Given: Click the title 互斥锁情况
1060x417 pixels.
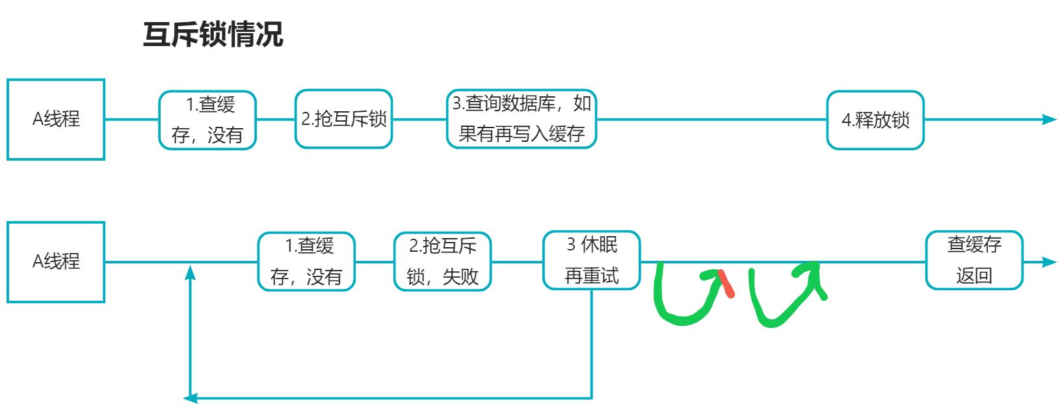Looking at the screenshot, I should (x=213, y=34).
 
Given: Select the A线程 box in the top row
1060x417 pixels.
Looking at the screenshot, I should (x=56, y=119).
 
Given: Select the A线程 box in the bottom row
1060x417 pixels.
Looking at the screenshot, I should (x=56, y=262).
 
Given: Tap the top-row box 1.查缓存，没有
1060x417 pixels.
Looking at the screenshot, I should (x=207, y=120).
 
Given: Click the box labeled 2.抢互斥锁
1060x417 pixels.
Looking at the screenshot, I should (x=343, y=119).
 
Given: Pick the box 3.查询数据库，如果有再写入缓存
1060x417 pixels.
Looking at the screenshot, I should (x=522, y=119).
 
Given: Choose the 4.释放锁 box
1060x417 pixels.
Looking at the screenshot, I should (x=875, y=120).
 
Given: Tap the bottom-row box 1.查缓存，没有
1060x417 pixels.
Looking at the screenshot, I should (x=306, y=262).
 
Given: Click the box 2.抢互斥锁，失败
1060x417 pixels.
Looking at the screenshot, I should (x=442, y=262).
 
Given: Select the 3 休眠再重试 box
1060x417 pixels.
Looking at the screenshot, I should (x=592, y=260).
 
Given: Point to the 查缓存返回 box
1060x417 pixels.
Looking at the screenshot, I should (x=974, y=260).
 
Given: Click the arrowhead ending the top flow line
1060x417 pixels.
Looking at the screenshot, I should (x=1048, y=119).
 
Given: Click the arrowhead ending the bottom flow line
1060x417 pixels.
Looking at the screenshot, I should (x=1048, y=262).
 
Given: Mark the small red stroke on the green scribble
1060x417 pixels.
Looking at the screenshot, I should (x=727, y=284).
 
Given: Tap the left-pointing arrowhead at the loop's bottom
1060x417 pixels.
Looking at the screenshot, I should (x=191, y=397).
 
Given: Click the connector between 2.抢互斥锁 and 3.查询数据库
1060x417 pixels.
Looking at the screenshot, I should (x=419, y=119).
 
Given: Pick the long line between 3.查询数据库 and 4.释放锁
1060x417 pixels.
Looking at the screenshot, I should (x=711, y=119).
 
